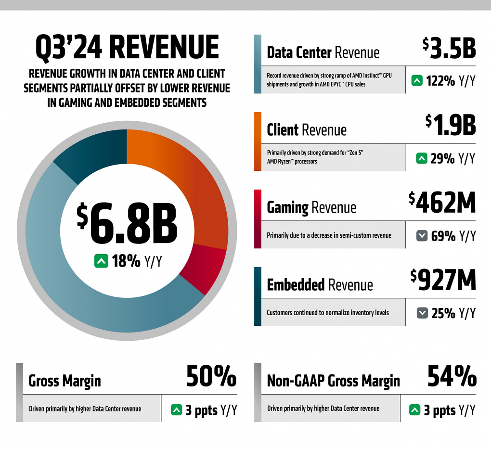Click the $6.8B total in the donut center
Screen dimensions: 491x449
[x=127, y=224]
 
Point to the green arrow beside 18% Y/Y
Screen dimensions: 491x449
[x=101, y=261]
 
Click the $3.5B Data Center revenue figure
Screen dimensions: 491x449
[x=449, y=48]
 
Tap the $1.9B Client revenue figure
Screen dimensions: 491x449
[x=451, y=125]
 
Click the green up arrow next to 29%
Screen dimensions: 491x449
[x=422, y=158]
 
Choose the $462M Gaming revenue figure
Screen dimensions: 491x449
[x=442, y=203]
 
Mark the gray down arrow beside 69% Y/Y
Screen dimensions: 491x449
[x=422, y=235]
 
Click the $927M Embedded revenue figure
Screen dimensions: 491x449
[x=443, y=280]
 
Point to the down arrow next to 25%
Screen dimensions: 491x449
[x=422, y=313]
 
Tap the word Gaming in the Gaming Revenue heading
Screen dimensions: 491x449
[x=287, y=207]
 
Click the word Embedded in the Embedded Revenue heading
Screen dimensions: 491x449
[x=296, y=284]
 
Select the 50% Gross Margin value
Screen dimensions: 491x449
[x=211, y=376]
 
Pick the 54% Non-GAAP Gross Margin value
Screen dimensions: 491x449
[x=452, y=376]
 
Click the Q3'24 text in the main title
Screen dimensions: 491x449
[x=69, y=47]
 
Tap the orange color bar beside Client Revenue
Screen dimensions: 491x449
[x=258, y=141]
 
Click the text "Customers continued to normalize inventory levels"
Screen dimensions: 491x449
[x=328, y=312]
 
